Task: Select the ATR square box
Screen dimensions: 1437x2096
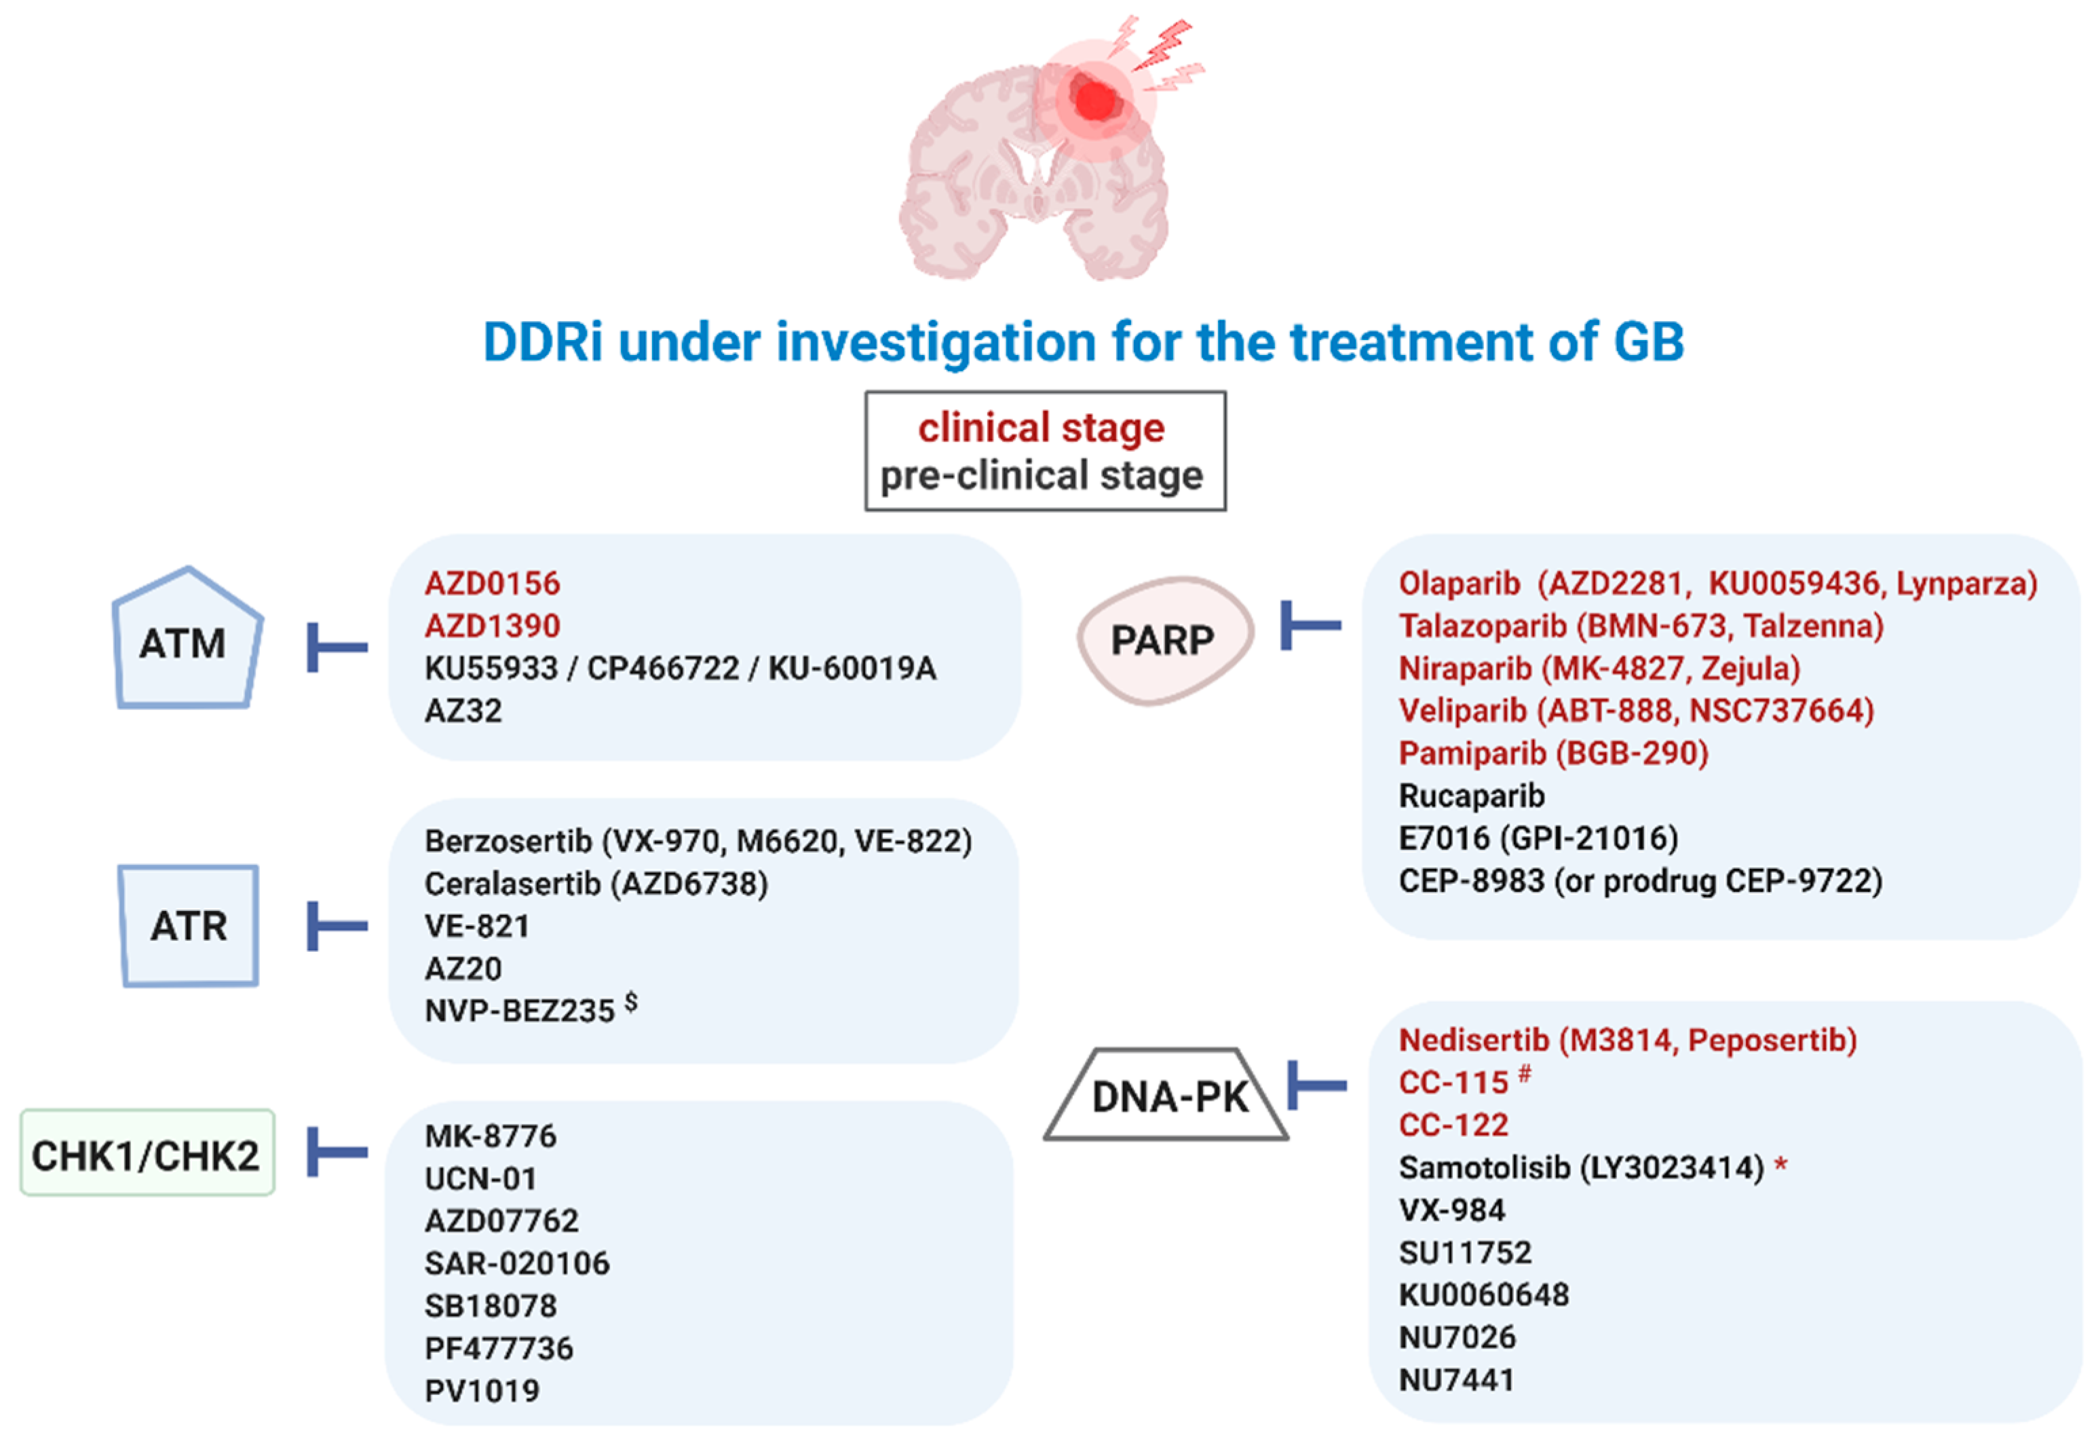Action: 189,925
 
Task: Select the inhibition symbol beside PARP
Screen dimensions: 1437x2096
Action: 1310,625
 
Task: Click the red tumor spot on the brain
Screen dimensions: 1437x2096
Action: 1096,99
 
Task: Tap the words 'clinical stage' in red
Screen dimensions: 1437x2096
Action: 1041,428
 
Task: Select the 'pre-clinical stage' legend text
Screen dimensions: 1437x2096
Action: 1041,475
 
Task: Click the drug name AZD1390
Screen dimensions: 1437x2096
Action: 493,625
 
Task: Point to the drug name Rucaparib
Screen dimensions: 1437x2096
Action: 1471,796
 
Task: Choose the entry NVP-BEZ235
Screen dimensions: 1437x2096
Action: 520,1010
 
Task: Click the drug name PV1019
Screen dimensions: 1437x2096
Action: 482,1390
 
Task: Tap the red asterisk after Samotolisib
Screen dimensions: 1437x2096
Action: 1780,1165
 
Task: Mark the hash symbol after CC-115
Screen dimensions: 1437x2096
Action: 1524,1073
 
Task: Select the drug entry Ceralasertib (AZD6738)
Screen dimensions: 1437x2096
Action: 596,883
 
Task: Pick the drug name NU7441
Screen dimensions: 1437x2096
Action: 1455,1379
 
